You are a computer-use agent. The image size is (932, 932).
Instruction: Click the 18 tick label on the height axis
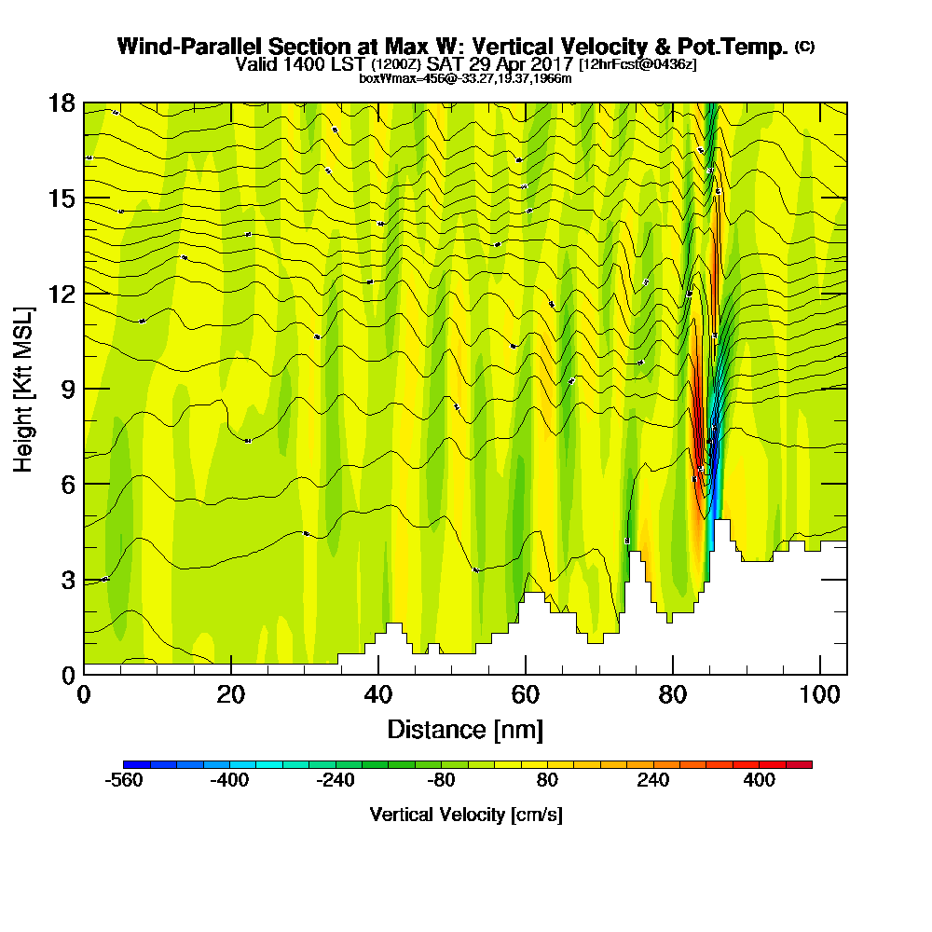[62, 103]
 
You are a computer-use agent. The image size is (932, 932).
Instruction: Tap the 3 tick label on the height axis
[68, 579]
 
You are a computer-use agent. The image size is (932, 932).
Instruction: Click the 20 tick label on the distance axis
[231, 695]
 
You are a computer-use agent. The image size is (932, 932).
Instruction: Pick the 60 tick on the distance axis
[526, 673]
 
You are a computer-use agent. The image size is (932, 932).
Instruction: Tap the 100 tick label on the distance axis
[819, 695]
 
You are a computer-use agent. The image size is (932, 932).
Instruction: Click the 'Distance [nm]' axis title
[465, 729]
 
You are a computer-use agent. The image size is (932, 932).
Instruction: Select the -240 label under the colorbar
[336, 781]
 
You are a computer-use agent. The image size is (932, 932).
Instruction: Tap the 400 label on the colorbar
[760, 781]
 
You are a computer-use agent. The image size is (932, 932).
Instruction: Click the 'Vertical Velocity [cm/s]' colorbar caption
[466, 815]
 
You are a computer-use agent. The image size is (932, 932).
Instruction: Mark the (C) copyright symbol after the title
[804, 46]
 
